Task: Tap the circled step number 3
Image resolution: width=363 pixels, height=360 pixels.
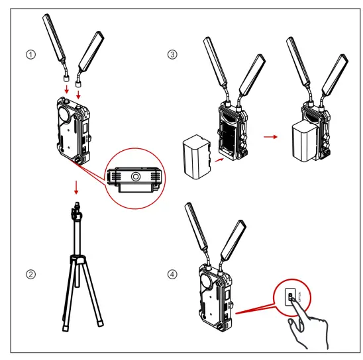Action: (173, 55)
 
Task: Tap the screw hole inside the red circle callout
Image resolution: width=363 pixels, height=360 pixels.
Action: (134, 177)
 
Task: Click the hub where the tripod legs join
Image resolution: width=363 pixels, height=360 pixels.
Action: (78, 259)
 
